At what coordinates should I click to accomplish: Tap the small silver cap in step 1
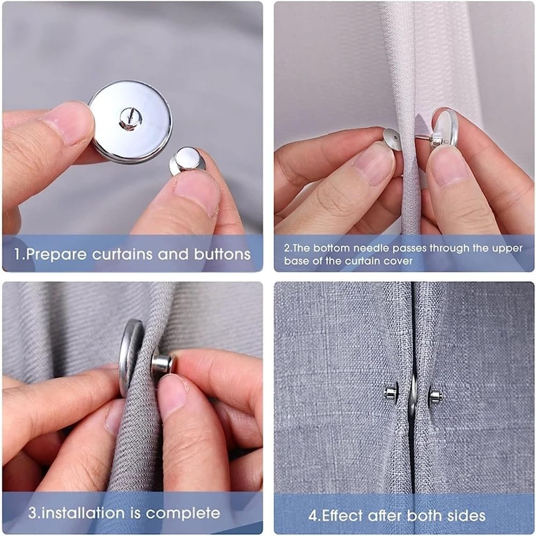(x=188, y=160)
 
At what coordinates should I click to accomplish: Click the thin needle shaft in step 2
(x=423, y=139)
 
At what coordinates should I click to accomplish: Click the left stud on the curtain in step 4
(x=391, y=393)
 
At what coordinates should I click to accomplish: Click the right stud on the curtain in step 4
(x=435, y=396)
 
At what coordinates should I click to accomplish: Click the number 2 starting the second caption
(x=287, y=249)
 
